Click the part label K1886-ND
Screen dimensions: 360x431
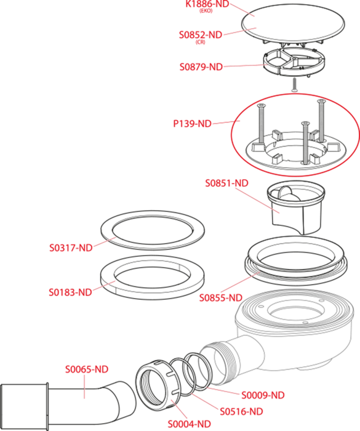(x=207, y=4)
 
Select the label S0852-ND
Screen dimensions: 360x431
(x=201, y=35)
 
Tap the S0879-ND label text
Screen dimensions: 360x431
(x=201, y=66)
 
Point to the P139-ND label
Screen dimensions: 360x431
(x=192, y=124)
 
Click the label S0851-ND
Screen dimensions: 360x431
(x=226, y=183)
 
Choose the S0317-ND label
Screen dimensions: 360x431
(x=71, y=248)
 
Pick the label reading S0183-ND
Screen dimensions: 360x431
(x=70, y=292)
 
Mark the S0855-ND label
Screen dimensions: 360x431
(x=221, y=297)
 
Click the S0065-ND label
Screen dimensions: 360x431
(x=87, y=369)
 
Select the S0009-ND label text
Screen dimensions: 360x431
(x=263, y=395)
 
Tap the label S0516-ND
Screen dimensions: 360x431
(x=241, y=411)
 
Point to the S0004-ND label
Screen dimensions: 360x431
(x=189, y=424)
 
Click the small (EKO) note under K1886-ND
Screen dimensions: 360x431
(x=206, y=11)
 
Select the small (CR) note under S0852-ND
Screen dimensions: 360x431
(x=201, y=42)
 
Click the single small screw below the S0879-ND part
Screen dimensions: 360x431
(x=294, y=85)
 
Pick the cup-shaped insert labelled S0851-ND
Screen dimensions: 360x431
(x=296, y=207)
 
